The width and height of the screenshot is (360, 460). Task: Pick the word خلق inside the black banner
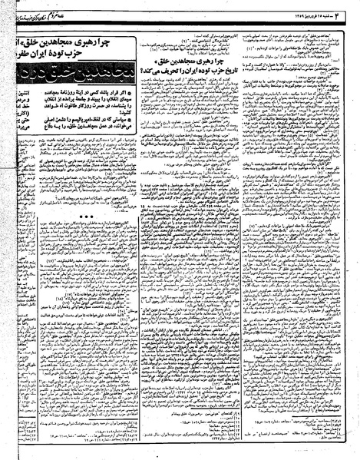[73, 79]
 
